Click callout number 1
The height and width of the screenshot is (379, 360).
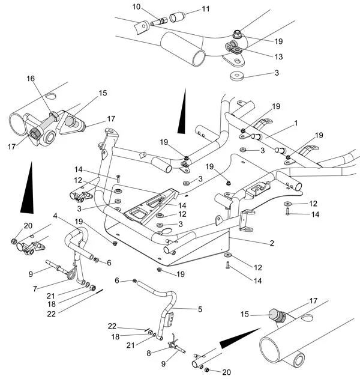coord(295,123)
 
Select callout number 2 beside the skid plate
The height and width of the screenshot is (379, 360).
coord(272,243)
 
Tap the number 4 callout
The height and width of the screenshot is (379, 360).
coord(55,216)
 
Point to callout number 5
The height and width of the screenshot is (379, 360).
coord(200,309)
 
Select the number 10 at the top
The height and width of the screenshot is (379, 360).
coord(136,7)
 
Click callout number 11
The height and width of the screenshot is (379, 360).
coord(206,9)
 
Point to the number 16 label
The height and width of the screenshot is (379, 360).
coord(30,79)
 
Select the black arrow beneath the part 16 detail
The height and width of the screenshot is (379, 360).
coord(27,189)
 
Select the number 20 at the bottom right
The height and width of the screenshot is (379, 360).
coord(226,372)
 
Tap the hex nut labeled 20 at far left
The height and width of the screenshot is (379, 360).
coord(14,242)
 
